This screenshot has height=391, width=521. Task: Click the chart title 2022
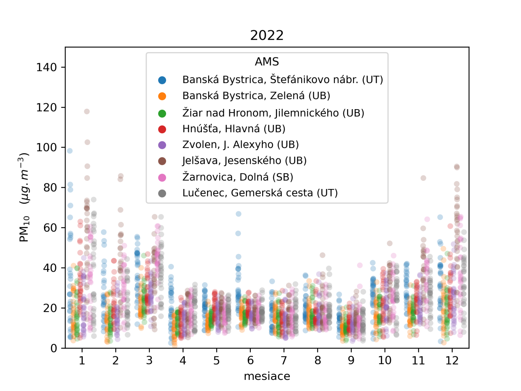point(267,35)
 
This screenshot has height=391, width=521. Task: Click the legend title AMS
point(267,62)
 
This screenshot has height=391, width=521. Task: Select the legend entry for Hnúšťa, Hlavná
point(233,129)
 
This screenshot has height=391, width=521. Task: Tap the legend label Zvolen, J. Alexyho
point(240,144)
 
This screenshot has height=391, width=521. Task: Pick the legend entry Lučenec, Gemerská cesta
point(260,193)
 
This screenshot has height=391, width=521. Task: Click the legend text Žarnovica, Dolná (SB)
point(237,177)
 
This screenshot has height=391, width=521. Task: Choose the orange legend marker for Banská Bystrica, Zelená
point(162,96)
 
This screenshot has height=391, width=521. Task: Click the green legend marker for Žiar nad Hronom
point(162,113)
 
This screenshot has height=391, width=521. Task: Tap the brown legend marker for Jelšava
point(162,161)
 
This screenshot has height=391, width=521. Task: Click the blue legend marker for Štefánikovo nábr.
point(162,80)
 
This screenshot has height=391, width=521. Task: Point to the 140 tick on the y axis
point(46,67)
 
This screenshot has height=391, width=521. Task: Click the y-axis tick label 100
point(46,148)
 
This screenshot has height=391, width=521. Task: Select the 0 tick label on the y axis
point(54,348)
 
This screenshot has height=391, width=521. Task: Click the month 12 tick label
point(452,360)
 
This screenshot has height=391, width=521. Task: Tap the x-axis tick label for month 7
point(284,360)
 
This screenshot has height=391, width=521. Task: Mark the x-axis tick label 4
point(183,360)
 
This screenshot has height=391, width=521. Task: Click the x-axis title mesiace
point(267,376)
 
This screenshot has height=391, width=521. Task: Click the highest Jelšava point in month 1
point(87,111)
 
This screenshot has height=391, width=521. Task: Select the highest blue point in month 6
point(238,214)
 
